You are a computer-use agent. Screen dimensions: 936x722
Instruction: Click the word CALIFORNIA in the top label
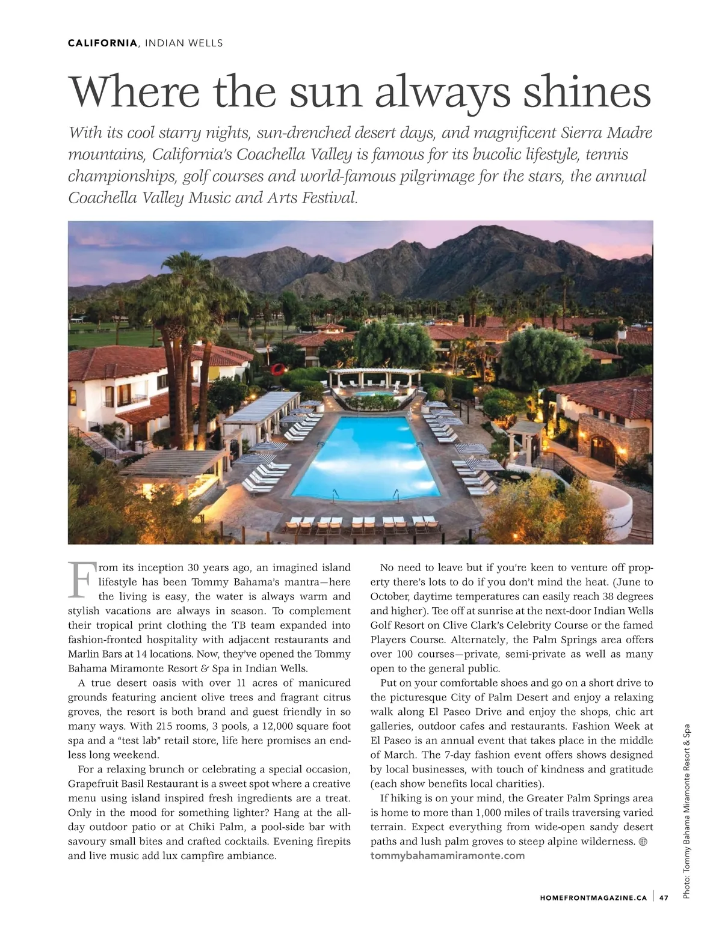click(x=102, y=43)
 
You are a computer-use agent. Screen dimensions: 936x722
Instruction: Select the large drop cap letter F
click(x=81, y=580)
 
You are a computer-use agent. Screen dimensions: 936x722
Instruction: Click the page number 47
click(x=664, y=898)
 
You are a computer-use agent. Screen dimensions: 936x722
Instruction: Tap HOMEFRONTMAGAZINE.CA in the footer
click(x=593, y=898)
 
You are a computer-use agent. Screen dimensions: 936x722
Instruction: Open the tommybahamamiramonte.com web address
click(x=447, y=855)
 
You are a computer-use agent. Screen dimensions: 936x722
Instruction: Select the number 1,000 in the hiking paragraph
click(x=485, y=813)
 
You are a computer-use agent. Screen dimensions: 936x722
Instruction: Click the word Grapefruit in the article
click(x=93, y=784)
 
